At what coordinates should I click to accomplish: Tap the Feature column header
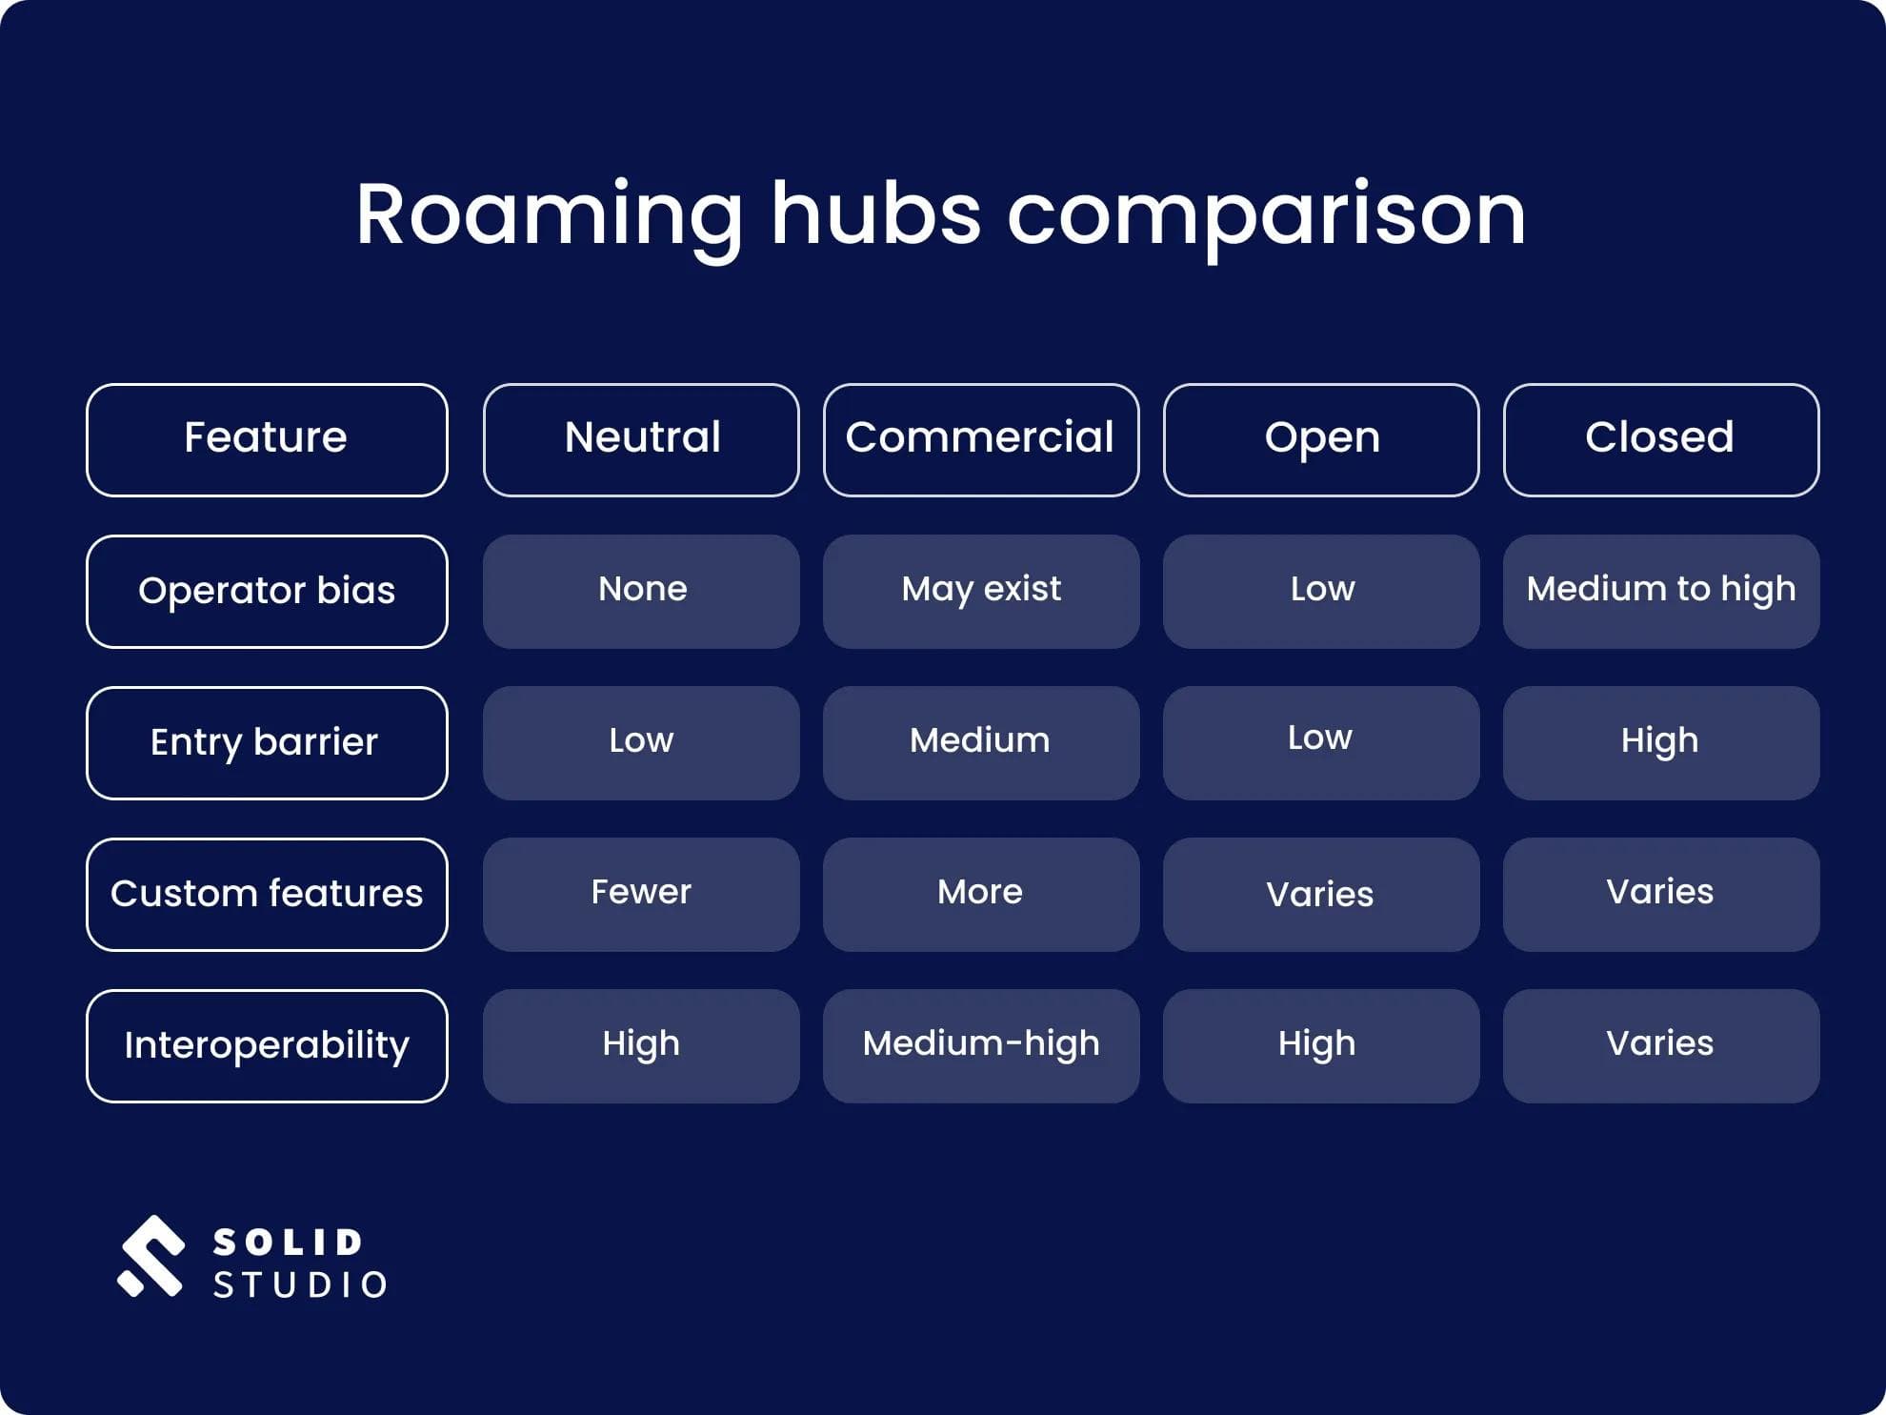point(267,439)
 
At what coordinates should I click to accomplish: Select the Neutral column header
point(641,439)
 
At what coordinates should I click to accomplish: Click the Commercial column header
point(980,439)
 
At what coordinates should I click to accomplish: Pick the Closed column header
point(1660,439)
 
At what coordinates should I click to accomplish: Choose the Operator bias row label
point(267,591)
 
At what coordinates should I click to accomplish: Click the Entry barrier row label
point(267,742)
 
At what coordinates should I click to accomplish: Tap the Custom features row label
point(267,894)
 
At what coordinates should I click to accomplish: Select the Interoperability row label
point(267,1045)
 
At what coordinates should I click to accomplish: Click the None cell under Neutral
point(641,591)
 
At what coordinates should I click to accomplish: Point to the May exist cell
point(980,591)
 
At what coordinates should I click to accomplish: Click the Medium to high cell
point(1660,591)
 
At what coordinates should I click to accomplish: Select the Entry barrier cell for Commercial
point(980,742)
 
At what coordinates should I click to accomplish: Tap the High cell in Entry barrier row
point(1660,742)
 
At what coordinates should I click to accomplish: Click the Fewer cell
point(641,894)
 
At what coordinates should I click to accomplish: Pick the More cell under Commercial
point(980,894)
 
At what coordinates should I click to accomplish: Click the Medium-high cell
point(980,1045)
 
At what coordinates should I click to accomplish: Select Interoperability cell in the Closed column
point(1660,1045)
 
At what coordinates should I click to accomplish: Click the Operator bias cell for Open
point(1321,591)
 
